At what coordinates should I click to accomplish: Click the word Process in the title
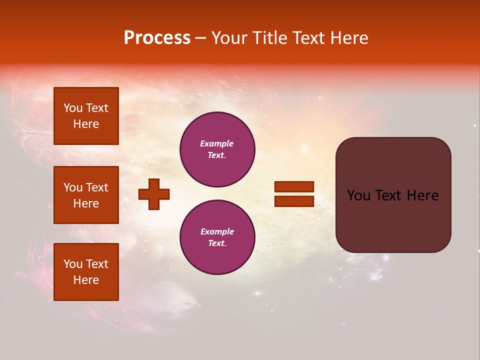click(x=157, y=38)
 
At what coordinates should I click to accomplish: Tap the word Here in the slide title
click(x=347, y=38)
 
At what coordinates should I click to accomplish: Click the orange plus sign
click(x=154, y=194)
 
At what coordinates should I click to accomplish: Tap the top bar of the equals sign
click(x=294, y=186)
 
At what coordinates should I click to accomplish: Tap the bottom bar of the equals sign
click(x=294, y=201)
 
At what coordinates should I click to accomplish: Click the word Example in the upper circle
click(x=216, y=143)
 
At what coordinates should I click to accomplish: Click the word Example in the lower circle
click(x=217, y=231)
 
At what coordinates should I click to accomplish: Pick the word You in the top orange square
click(x=73, y=108)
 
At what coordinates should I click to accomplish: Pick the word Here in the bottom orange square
click(x=86, y=280)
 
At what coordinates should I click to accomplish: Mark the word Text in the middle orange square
click(x=96, y=187)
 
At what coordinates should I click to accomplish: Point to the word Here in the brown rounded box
click(x=422, y=195)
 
